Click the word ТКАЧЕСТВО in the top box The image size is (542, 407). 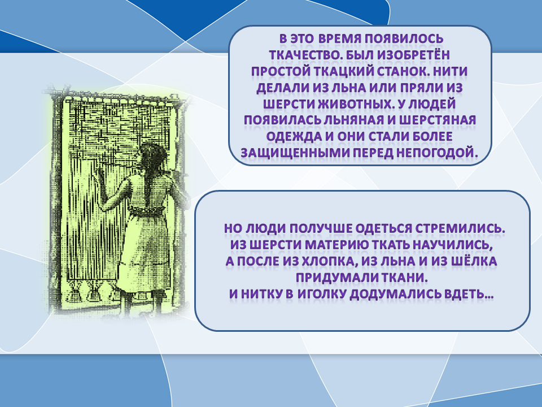[299, 55]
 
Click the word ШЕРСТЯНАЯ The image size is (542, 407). [435, 120]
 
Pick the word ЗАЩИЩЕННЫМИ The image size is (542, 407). [288, 153]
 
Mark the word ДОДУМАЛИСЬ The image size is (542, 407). [395, 295]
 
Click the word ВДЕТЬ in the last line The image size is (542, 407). [467, 295]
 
